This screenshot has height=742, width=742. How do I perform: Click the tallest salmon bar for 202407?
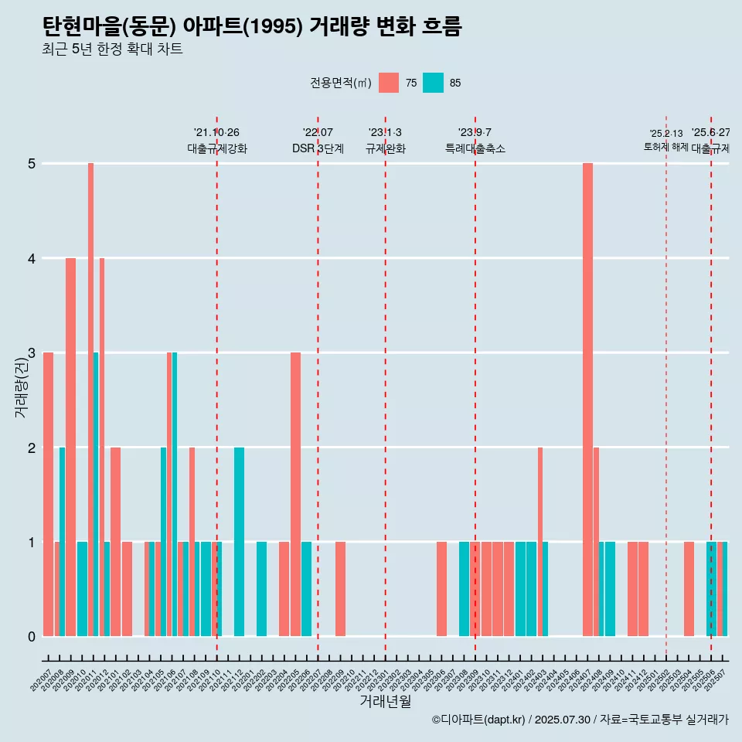(587, 400)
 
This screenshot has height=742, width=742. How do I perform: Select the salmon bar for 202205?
(295, 495)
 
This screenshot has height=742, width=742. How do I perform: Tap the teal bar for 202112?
(240, 542)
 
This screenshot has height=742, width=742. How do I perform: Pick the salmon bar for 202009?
(70, 447)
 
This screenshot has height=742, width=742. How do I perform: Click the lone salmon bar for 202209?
(340, 589)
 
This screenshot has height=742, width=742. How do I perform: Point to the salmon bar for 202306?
(441, 589)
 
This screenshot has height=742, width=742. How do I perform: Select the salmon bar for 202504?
(689, 589)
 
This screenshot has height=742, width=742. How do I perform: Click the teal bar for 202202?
(262, 589)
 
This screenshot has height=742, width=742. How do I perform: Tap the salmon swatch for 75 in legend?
(389, 83)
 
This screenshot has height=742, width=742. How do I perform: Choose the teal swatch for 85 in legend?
(434, 83)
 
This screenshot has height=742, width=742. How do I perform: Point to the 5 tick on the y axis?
(32, 164)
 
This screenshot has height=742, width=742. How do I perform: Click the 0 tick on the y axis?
(32, 637)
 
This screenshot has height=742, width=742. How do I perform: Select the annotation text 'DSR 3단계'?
(318, 148)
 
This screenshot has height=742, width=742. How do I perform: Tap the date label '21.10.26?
(216, 133)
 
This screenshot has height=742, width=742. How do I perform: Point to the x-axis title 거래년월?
(385, 702)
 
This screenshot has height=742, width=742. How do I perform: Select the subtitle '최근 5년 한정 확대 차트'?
(113, 49)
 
